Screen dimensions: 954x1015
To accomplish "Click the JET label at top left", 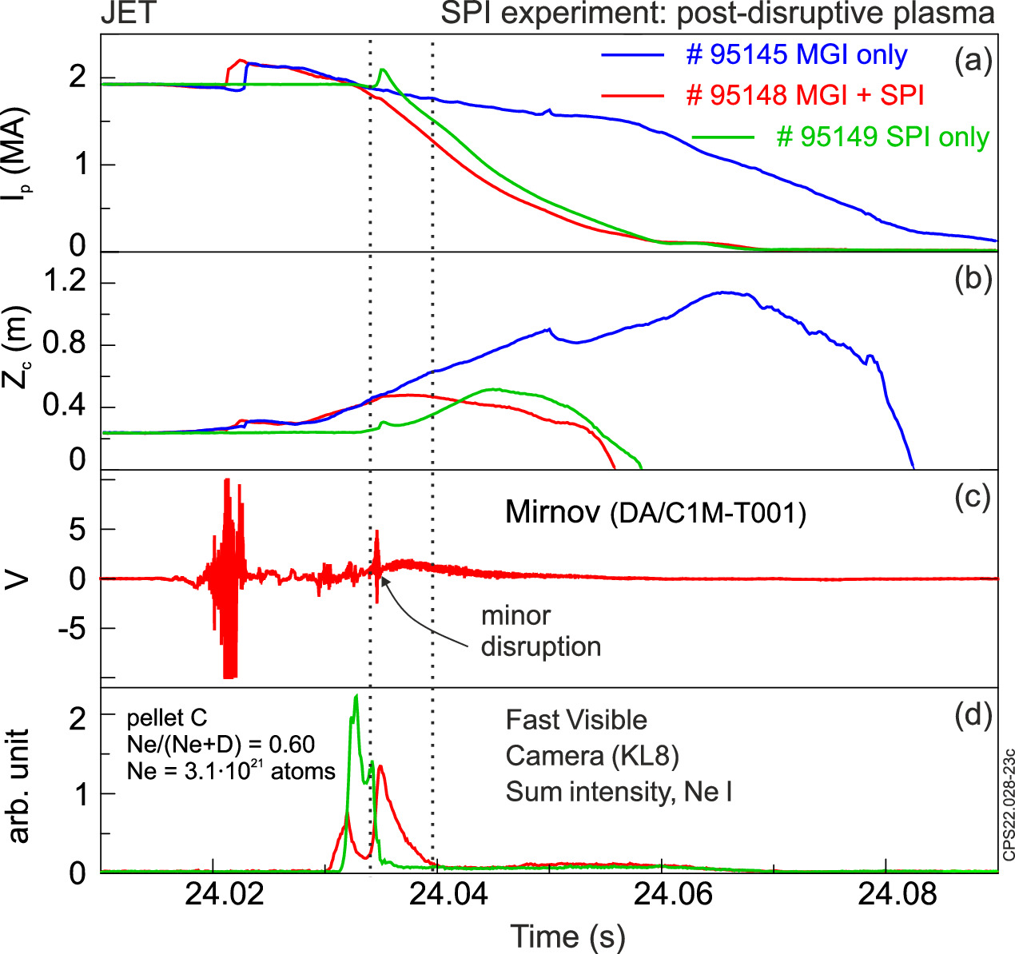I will [x=128, y=14].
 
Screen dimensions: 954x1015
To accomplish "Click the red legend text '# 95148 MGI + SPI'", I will [x=805, y=95].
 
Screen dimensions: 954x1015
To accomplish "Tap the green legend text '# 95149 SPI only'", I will [x=882, y=137].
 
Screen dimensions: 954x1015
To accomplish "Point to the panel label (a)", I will [x=973, y=60].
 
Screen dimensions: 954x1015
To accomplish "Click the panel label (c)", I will [x=973, y=497].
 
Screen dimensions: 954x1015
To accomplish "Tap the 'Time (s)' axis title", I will [x=567, y=936].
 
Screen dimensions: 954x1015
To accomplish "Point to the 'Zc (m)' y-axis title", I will [x=18, y=348].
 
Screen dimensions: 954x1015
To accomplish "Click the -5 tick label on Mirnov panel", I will [x=71, y=629].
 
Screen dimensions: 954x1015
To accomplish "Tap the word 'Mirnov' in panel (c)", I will [x=552, y=511].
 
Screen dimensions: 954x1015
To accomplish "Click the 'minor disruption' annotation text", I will [x=540, y=631].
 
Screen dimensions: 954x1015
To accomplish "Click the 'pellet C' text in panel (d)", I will [x=167, y=717].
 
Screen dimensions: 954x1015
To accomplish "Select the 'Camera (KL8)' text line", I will [x=591, y=755].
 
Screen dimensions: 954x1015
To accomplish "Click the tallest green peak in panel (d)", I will [x=356, y=697].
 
